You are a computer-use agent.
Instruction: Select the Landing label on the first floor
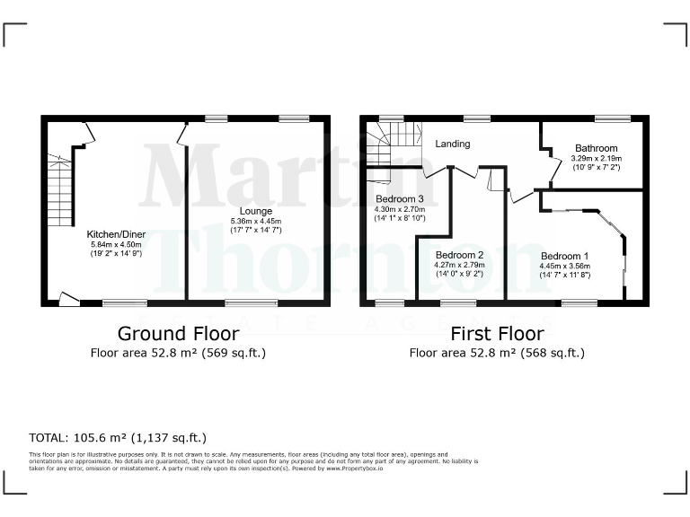click(x=453, y=144)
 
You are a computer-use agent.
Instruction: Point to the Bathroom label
click(x=597, y=148)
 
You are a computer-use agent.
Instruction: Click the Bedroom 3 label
click(x=400, y=198)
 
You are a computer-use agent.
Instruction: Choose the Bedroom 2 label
click(x=459, y=255)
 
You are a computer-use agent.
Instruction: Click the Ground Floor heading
click(x=178, y=333)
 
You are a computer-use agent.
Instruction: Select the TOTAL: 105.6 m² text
click(x=118, y=438)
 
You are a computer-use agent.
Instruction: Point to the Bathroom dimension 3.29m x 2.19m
click(x=597, y=159)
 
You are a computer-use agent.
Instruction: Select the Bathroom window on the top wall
click(x=612, y=118)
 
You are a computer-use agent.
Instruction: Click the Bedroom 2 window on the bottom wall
click(x=458, y=303)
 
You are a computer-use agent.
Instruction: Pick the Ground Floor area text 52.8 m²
click(x=178, y=353)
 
